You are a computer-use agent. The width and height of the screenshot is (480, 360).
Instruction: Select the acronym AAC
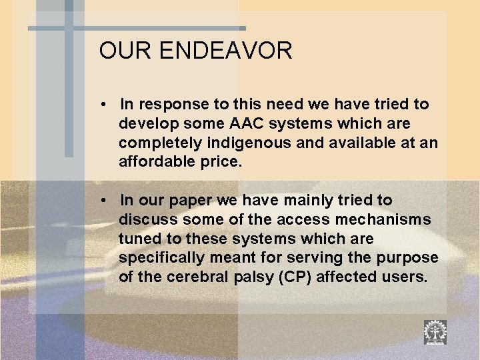(249, 124)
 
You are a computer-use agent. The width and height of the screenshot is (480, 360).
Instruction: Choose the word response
(172, 105)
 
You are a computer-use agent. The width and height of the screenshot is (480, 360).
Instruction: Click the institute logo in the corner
(435, 331)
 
